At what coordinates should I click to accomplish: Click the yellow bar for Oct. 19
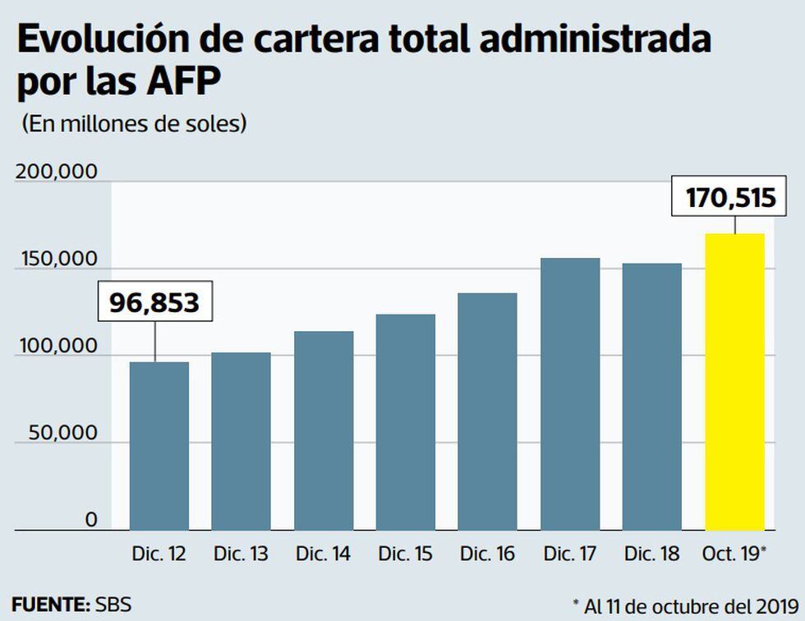(734, 382)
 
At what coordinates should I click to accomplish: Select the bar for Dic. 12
(159, 446)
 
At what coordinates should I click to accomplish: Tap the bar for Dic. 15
(405, 422)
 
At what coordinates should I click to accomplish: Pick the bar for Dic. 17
(570, 394)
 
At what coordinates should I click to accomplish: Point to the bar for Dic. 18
(652, 397)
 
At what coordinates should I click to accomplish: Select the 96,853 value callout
(155, 301)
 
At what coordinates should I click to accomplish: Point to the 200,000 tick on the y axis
(56, 172)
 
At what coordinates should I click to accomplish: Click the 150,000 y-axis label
(56, 259)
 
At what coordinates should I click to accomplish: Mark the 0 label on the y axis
(90, 519)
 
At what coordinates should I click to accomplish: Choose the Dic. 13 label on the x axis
(241, 554)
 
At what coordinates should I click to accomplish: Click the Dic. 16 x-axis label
(487, 554)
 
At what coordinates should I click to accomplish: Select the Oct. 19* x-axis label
(736, 554)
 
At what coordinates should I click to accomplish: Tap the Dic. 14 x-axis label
(323, 554)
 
